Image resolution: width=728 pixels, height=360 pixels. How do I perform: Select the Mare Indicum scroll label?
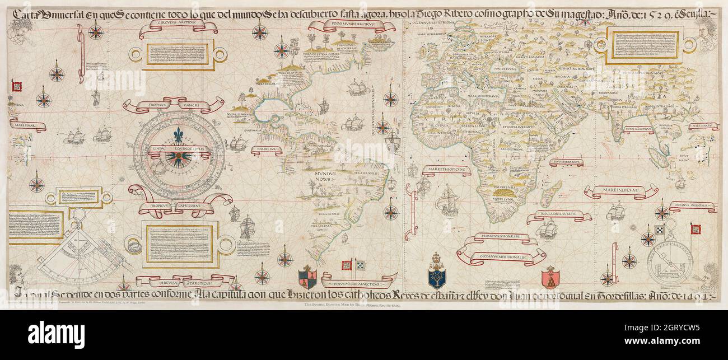tap(620, 192)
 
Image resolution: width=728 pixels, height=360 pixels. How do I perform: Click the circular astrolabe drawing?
tap(670, 260)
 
